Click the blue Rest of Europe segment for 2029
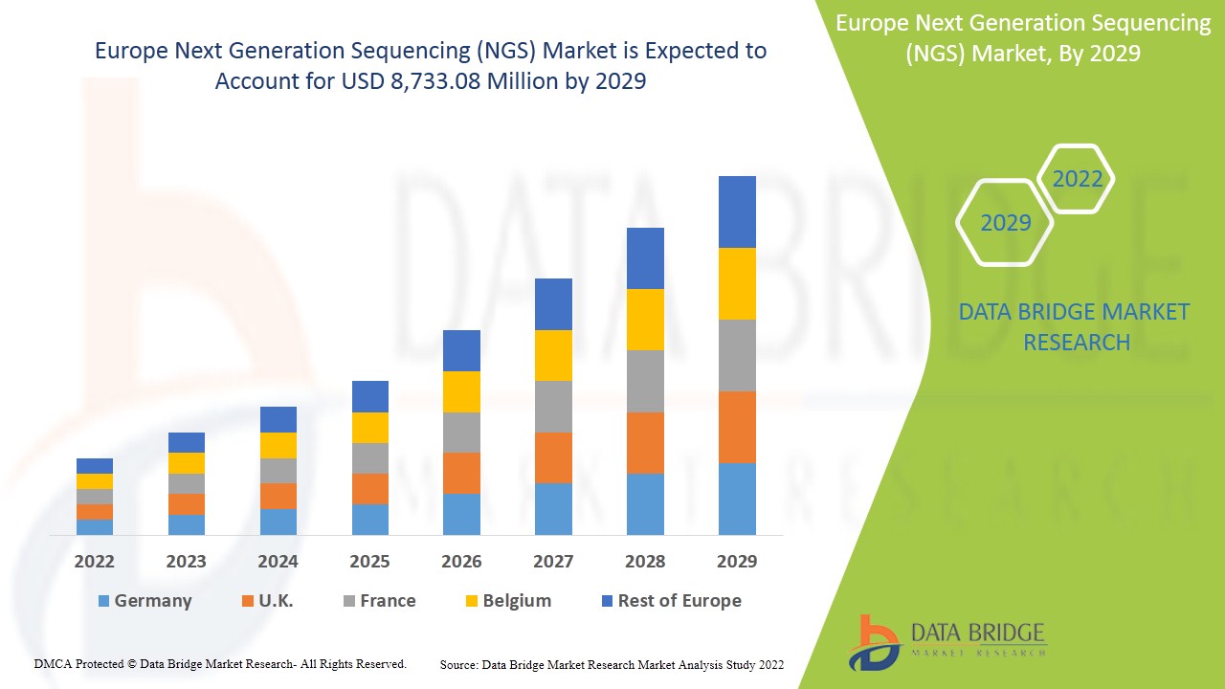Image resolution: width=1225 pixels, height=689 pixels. tap(737, 211)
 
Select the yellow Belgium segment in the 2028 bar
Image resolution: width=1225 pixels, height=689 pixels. tap(645, 320)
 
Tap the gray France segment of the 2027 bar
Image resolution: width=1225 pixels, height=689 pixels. tap(553, 407)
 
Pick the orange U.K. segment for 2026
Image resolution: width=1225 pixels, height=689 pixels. tap(461, 473)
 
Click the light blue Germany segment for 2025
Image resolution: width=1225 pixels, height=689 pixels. tap(370, 519)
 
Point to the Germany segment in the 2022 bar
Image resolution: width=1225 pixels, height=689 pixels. tap(95, 526)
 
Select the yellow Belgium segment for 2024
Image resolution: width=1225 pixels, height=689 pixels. tap(278, 445)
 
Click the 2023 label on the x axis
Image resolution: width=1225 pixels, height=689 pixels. tap(186, 561)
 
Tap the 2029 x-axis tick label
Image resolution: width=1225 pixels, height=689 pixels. tap(737, 561)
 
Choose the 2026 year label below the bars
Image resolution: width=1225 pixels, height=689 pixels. tap(461, 561)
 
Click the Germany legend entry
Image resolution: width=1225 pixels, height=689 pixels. tap(145, 601)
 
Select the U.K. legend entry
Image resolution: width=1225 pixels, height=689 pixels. tap(267, 601)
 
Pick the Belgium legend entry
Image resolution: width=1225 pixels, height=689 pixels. tap(508, 601)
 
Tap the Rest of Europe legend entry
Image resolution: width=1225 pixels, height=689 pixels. tap(671, 601)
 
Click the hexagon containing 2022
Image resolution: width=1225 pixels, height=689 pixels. tap(1077, 179)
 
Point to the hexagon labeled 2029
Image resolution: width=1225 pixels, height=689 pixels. tap(1005, 223)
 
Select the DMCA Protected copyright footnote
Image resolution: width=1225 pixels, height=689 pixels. tap(220, 663)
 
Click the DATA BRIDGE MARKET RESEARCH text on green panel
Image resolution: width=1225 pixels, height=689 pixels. tap(1074, 326)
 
